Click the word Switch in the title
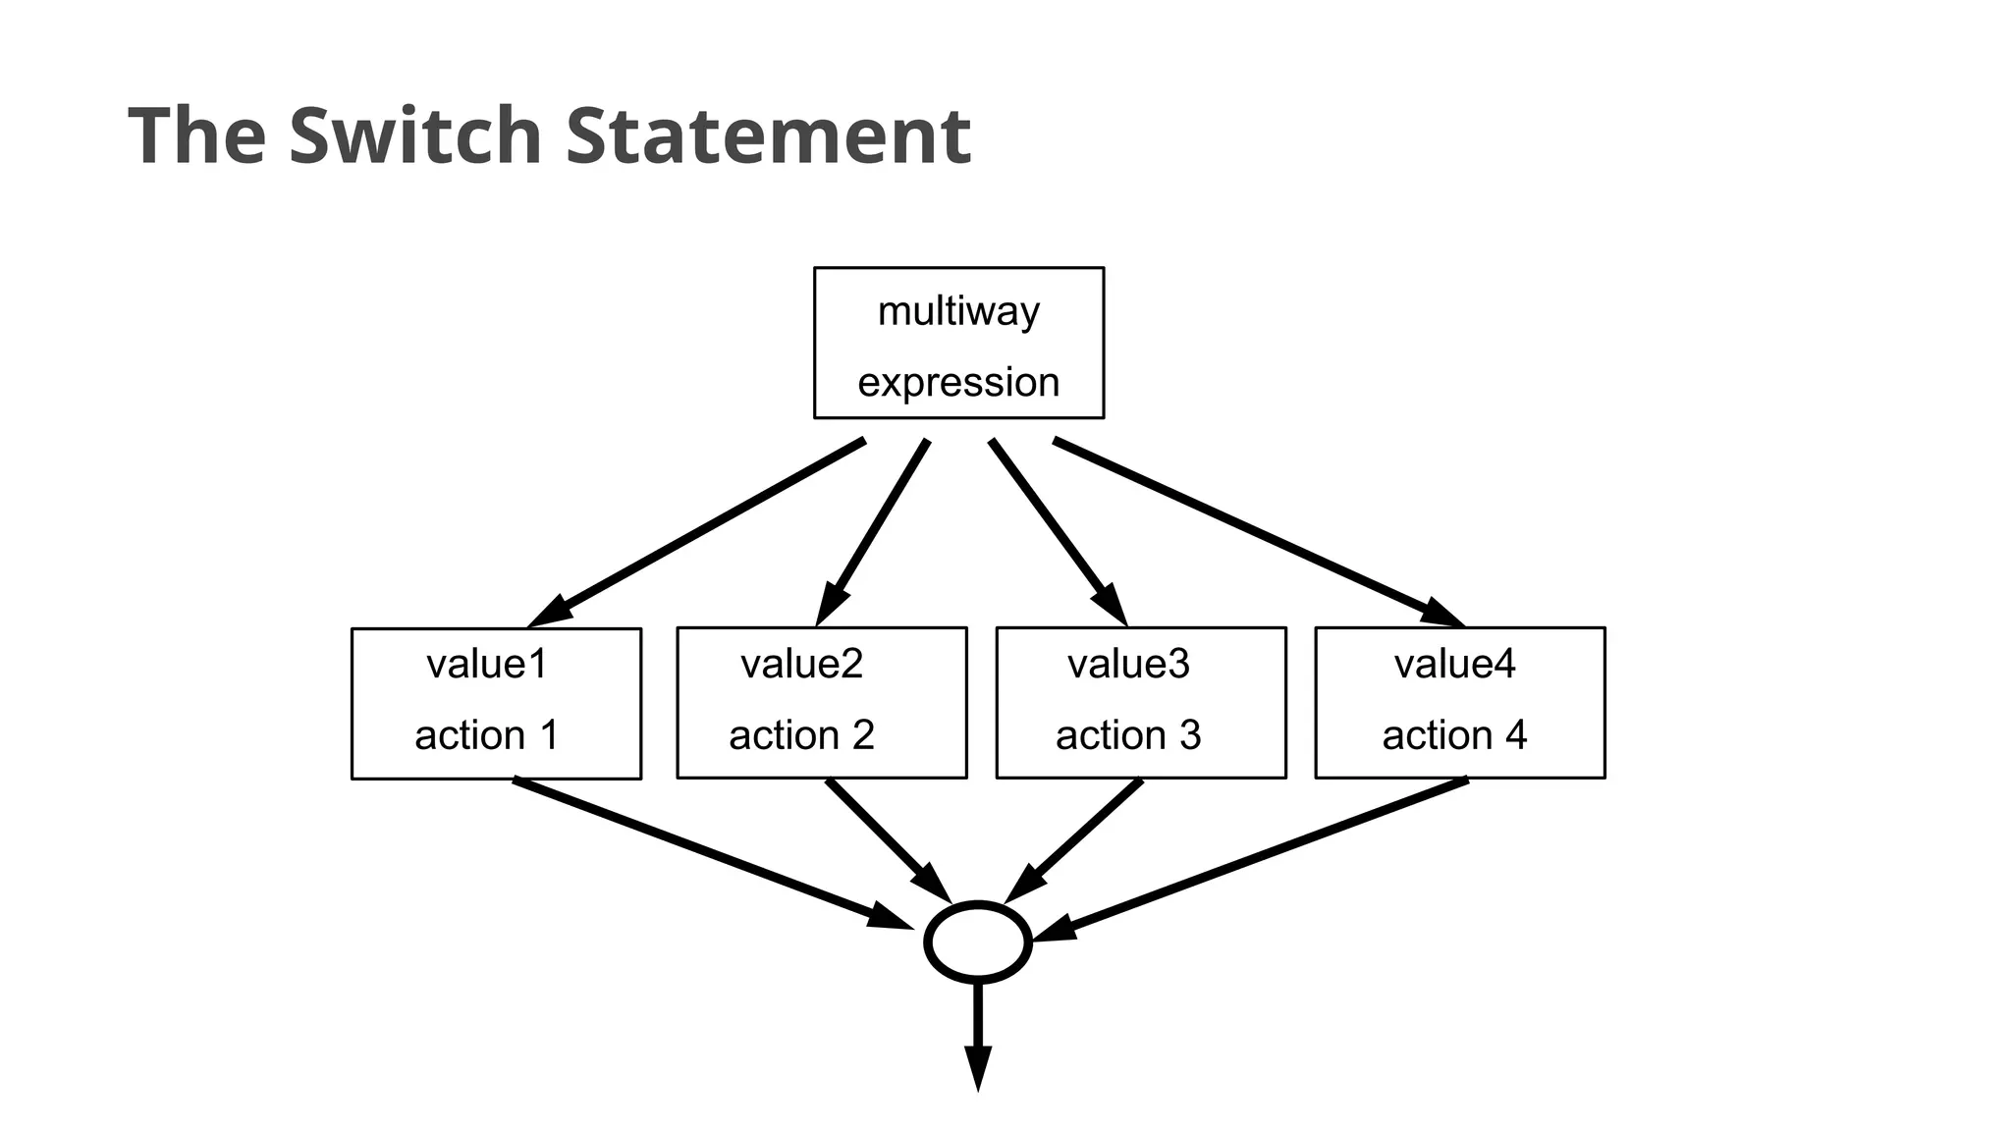[414, 135]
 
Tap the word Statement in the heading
[768, 135]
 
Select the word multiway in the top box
[958, 311]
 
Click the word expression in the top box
[958, 383]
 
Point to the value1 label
[487, 665]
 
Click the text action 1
[487, 735]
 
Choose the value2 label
[801, 665]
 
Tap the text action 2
[801, 735]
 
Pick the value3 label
[1128, 665]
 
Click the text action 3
[1128, 735]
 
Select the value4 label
[1454, 665]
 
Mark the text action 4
[1454, 735]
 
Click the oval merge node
[978, 942]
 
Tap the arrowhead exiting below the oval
[978, 1067]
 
